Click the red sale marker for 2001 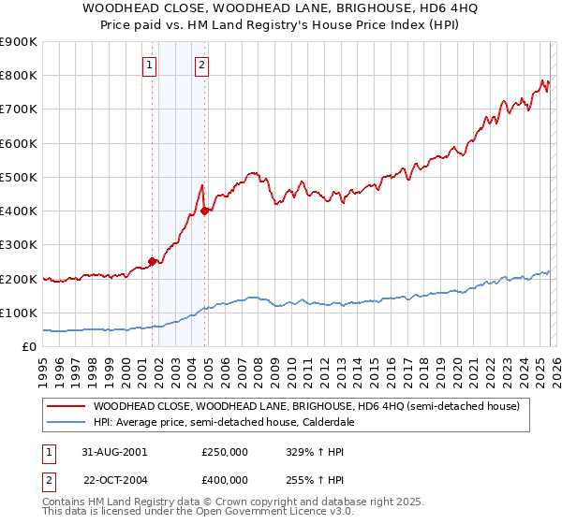coord(153,262)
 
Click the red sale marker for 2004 coord(205,211)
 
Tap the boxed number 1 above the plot coord(150,65)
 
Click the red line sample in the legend coord(67,406)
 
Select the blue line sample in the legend coord(67,422)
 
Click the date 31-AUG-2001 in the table coord(113,451)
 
